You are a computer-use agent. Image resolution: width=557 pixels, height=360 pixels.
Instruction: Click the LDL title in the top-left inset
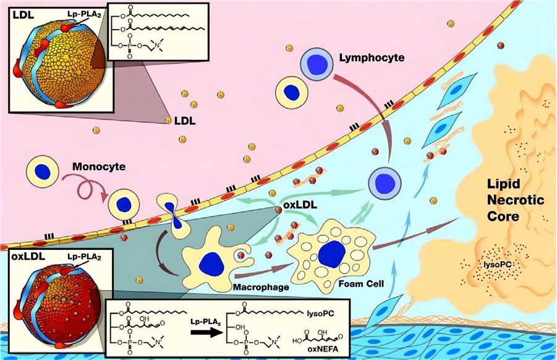18,14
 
